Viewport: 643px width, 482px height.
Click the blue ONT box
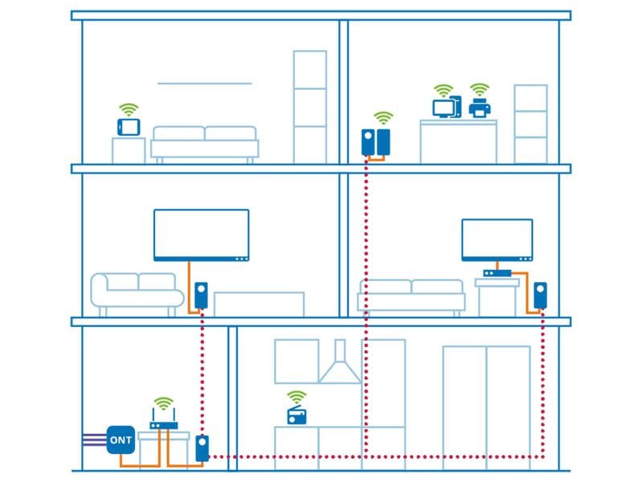(x=121, y=439)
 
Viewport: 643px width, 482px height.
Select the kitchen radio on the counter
(x=297, y=415)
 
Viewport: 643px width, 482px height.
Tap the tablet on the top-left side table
(x=129, y=127)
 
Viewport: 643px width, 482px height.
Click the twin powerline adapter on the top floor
(x=376, y=143)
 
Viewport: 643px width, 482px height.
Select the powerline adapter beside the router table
(x=203, y=448)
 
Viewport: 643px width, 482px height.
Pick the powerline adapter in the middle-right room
(x=541, y=296)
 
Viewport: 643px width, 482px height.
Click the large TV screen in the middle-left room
(x=201, y=235)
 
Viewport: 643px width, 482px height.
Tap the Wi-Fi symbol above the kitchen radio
(x=297, y=396)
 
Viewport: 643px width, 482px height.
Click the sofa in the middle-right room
(x=412, y=296)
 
